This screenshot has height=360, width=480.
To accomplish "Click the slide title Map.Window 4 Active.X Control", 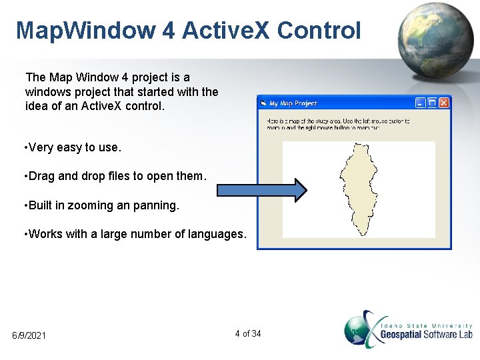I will point(188,31).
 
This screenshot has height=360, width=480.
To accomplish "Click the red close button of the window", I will point(444,103).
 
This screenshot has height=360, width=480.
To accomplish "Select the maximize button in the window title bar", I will point(432,103).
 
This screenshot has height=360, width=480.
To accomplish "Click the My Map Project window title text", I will point(293,103).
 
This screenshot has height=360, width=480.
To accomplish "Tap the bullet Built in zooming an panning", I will point(101,205).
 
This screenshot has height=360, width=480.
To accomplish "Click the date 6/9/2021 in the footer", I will point(29,335).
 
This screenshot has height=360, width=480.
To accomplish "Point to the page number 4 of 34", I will point(248,333).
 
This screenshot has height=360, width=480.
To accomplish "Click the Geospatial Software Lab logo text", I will point(426,334).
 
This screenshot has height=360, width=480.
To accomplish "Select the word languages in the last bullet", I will point(221,235).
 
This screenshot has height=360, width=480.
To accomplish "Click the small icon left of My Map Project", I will point(264,103).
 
